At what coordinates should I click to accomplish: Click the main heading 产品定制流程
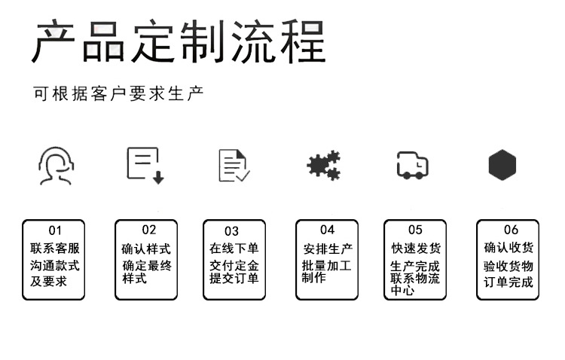[x=179, y=41]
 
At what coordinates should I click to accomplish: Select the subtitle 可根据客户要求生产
[x=118, y=94]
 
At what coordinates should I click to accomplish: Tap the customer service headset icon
[x=55, y=166]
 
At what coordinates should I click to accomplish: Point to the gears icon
[x=324, y=165]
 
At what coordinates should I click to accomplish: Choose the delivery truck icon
[x=412, y=165]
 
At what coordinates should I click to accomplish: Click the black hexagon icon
[x=502, y=165]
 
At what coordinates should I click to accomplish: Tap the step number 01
[x=55, y=230]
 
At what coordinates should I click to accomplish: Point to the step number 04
[x=327, y=230]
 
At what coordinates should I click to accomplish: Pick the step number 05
[x=415, y=230]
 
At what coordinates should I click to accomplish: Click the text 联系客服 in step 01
[x=55, y=249]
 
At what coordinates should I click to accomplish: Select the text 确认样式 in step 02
[x=146, y=249]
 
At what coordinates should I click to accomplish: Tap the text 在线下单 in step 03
[x=234, y=249]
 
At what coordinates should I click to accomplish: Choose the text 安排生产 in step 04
[x=328, y=249]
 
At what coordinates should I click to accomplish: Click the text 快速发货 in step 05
[x=416, y=249]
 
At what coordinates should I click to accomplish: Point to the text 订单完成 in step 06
[x=508, y=283]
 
